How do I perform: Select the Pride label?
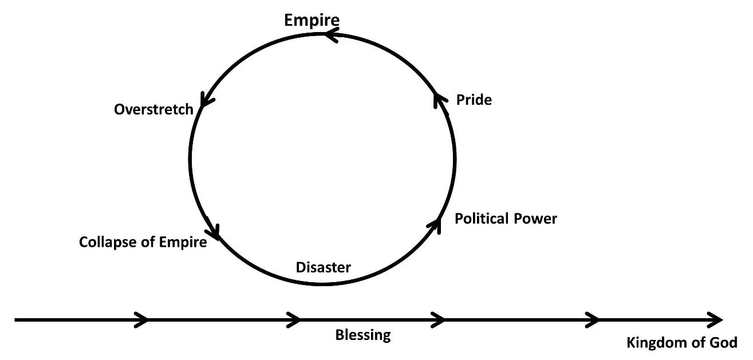coord(474,100)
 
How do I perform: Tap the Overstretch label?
coord(153,109)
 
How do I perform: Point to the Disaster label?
coord(323,267)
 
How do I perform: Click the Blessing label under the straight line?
coord(362,335)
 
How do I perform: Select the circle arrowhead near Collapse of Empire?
coord(214,232)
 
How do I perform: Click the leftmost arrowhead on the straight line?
coord(141,319)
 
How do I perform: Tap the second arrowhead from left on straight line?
coord(294,319)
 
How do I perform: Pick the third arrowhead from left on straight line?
coord(438,319)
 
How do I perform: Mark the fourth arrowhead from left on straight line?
coord(592,319)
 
